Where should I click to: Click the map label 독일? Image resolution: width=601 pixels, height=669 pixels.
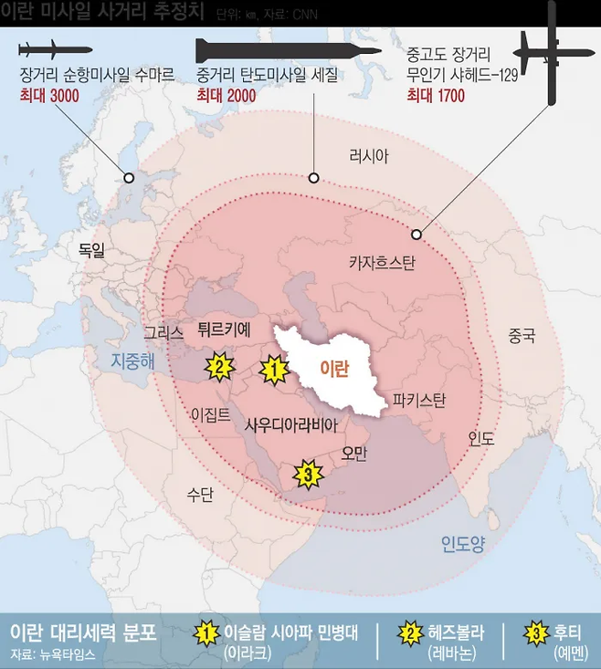point(91,248)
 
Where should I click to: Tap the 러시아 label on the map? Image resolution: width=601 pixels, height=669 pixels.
point(368,156)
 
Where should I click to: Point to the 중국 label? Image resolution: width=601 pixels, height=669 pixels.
point(522,336)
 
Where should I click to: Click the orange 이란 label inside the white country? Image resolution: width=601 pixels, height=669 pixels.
point(333,367)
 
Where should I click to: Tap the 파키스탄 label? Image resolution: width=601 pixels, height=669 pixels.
point(419,400)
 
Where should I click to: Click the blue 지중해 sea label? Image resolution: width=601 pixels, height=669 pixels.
point(133,361)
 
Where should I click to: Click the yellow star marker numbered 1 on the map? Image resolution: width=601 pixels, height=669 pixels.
point(273,370)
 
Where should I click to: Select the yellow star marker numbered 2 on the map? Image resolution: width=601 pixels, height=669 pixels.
point(218,368)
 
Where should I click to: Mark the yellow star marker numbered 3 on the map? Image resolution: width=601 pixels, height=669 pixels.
point(308,475)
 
